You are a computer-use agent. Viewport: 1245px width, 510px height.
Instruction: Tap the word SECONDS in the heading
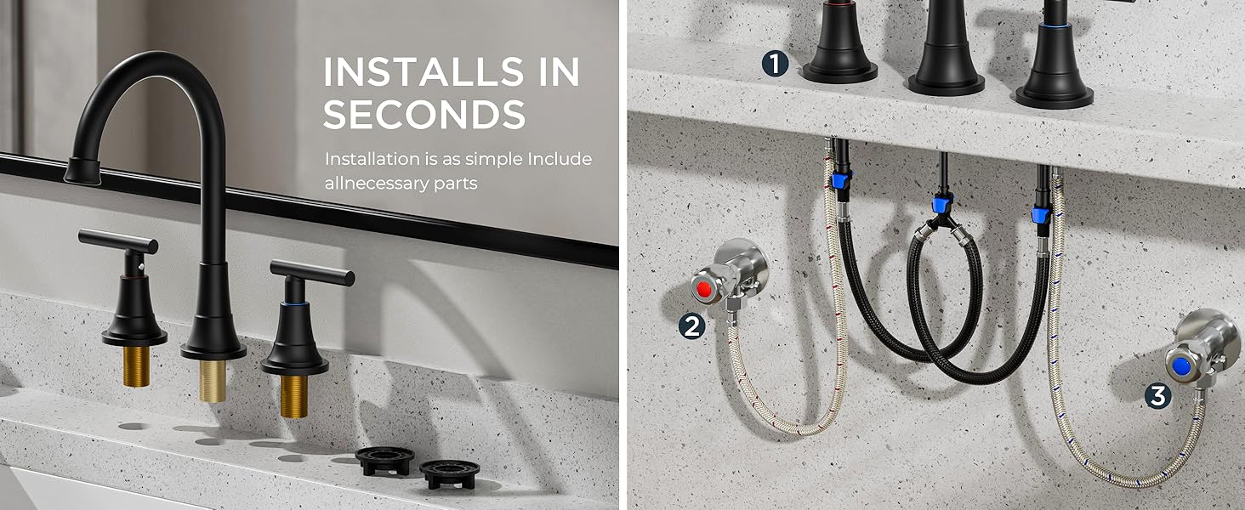pyautogui.click(x=424, y=115)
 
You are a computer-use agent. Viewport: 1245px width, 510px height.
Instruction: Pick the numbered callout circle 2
pyautogui.click(x=692, y=326)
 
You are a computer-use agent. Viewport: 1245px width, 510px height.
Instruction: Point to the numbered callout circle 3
pyautogui.click(x=1157, y=395)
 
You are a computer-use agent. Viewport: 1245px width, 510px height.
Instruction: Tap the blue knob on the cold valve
pyautogui.click(x=1180, y=365)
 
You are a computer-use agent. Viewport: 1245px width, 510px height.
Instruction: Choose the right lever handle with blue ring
pyautogui.click(x=311, y=272)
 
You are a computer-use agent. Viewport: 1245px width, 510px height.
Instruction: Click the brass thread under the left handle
pyautogui.click(x=134, y=365)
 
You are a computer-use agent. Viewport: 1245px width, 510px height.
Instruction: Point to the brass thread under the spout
pyautogui.click(x=213, y=379)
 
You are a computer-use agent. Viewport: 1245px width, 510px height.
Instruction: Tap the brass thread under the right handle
pyautogui.click(x=294, y=394)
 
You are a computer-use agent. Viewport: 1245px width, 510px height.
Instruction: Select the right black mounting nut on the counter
pyautogui.click(x=445, y=473)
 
